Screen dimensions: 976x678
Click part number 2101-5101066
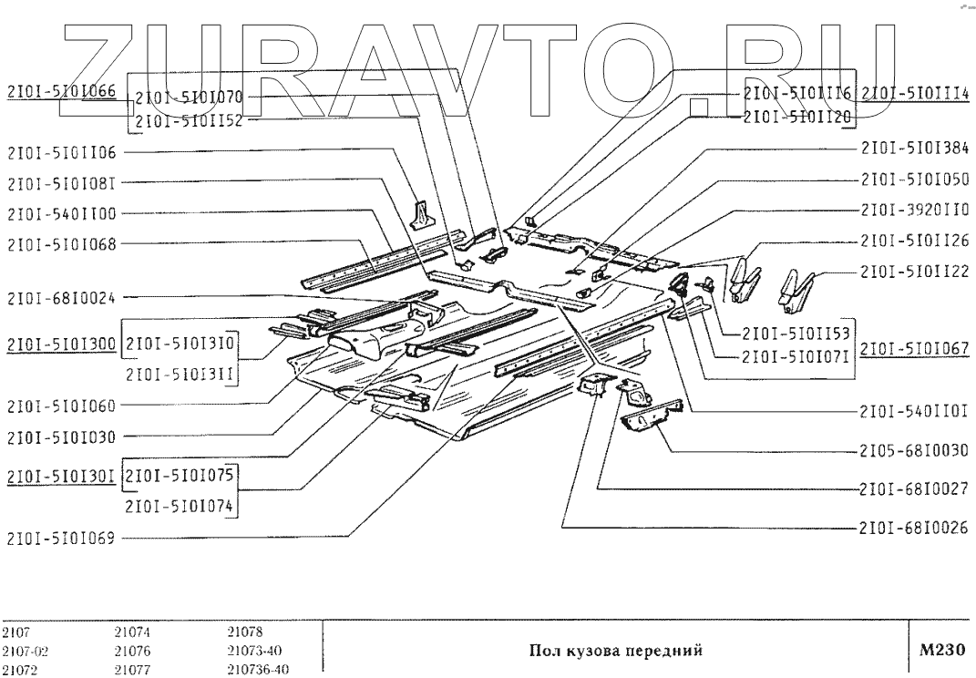click(62, 92)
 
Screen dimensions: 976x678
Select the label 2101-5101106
click(62, 152)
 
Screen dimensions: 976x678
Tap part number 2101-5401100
click(62, 213)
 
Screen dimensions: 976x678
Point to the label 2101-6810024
click(62, 298)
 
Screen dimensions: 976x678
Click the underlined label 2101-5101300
click(62, 344)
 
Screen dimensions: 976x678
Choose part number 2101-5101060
click(62, 406)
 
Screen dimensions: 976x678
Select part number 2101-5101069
click(62, 538)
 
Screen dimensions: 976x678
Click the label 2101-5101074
click(180, 506)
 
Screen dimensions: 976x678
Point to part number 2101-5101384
click(915, 149)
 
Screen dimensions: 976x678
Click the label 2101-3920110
click(915, 210)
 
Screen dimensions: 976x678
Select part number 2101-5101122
click(915, 272)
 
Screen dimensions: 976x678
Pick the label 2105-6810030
click(914, 449)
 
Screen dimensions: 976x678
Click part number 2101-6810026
click(914, 528)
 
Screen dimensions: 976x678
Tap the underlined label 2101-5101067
click(915, 349)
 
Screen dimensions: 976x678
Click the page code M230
click(941, 650)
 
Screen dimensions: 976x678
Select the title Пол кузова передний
click(616, 651)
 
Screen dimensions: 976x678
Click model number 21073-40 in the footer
click(254, 652)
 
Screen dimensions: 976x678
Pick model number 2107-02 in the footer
click(25, 652)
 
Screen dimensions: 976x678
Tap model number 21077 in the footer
click(132, 670)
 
